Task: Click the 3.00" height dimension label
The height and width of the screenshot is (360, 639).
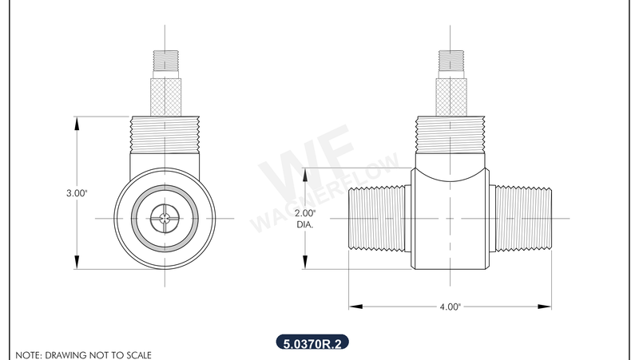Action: pos(76,192)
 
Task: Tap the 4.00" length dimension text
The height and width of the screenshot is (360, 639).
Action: pos(450,306)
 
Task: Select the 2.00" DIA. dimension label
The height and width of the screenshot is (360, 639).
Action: pos(305,219)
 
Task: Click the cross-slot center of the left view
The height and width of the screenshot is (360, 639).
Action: pos(165,218)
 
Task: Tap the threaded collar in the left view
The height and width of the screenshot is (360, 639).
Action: pos(165,134)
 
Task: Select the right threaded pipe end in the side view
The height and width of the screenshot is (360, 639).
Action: pos(520,218)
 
